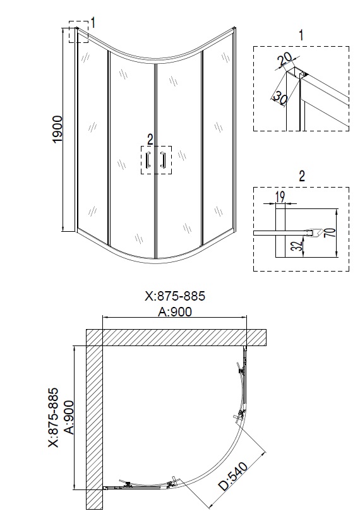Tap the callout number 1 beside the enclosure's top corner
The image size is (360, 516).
click(x=93, y=23)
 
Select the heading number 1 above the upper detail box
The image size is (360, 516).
click(x=301, y=35)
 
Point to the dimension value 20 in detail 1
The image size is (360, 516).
click(x=285, y=60)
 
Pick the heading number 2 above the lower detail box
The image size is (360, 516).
click(x=301, y=176)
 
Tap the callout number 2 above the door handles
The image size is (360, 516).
click(x=150, y=138)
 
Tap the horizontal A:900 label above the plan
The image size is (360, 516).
click(x=175, y=311)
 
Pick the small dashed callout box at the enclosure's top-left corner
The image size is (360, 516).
click(x=78, y=35)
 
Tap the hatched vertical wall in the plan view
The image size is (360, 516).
click(x=93, y=423)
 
